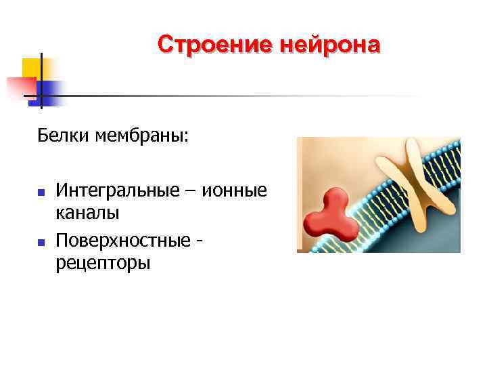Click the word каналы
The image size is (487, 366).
point(88,214)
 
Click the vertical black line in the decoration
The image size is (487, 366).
point(41,80)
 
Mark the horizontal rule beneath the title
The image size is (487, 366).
point(257,96)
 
